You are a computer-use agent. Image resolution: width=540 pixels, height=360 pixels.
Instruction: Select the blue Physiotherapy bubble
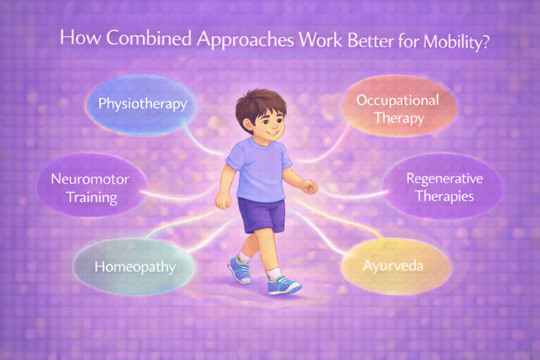point(142,103)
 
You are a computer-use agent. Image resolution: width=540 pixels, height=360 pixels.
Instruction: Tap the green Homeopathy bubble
point(134,267)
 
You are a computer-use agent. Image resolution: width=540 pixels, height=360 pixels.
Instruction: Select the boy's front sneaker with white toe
point(284,285)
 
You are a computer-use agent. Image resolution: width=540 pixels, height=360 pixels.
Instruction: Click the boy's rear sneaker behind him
point(238,269)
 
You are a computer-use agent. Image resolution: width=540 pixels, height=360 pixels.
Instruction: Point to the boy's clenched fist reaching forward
point(309,186)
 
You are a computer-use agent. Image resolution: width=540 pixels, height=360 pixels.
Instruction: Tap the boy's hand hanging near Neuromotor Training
point(223,200)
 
